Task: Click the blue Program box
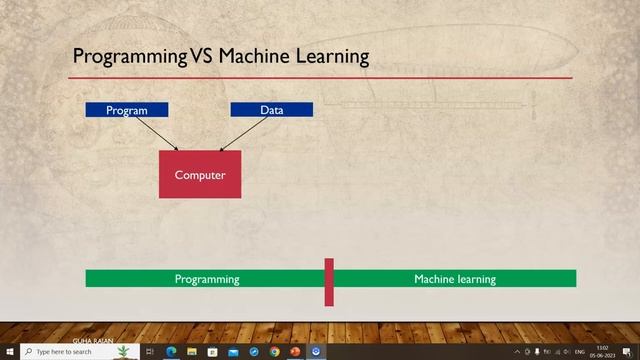pyautogui.click(x=126, y=110)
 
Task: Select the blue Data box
pyautogui.click(x=271, y=110)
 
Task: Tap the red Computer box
pyautogui.click(x=200, y=175)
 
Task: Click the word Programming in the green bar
pyautogui.click(x=207, y=279)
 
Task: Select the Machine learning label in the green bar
pyautogui.click(x=454, y=279)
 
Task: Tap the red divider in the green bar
pyautogui.click(x=329, y=282)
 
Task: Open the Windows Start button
pyautogui.click(x=9, y=352)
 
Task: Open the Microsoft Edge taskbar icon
pyautogui.click(x=170, y=352)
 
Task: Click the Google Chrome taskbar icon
pyautogui.click(x=274, y=352)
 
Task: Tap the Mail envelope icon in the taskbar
pyautogui.click(x=233, y=352)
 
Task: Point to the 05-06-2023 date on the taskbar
pyautogui.click(x=603, y=355)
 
